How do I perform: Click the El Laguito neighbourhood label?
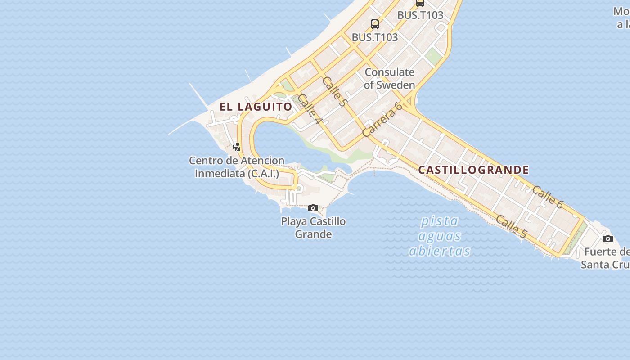[256, 107]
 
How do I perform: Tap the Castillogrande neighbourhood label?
[473, 170]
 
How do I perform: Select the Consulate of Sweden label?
[389, 78]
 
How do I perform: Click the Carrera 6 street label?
[382, 120]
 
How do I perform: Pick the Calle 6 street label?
[547, 197]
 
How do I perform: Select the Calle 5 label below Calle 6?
[511, 226]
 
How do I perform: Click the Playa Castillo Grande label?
[313, 228]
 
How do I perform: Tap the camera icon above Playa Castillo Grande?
[313, 208]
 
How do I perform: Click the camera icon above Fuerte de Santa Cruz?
[607, 238]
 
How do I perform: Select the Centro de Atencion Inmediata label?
[237, 167]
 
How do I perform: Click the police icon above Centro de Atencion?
[236, 147]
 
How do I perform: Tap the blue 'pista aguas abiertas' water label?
[440, 236]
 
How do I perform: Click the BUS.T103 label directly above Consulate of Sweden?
[375, 37]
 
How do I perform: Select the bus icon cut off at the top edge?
[420, 3]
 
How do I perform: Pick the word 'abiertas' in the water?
[440, 251]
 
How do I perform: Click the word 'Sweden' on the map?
[395, 85]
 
